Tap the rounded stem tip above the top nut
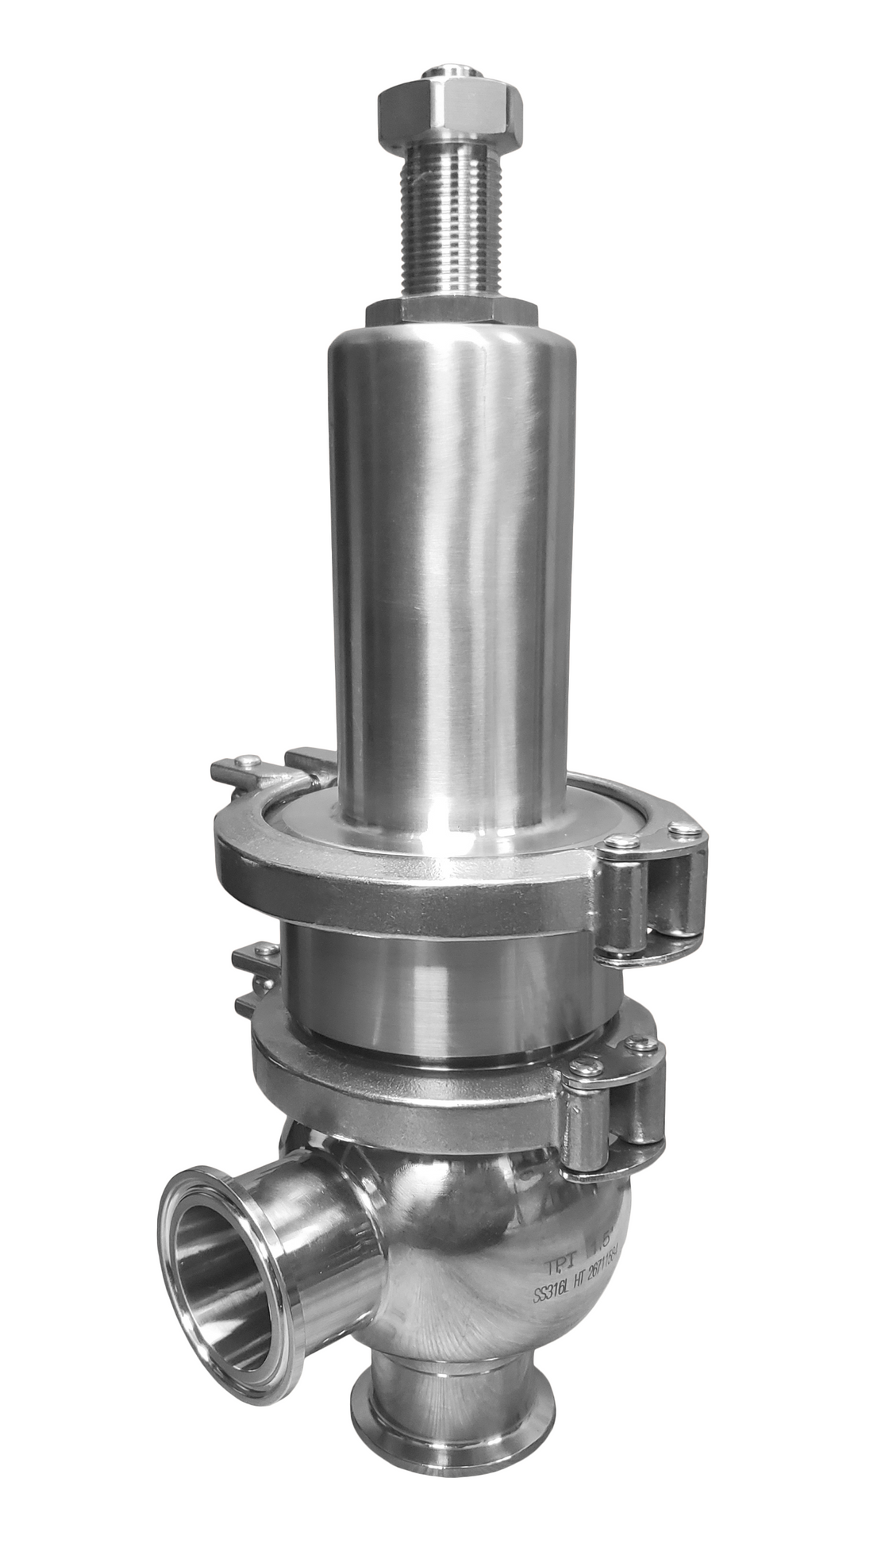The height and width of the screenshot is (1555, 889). click(x=451, y=73)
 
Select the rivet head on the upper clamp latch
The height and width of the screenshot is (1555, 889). click(x=248, y=760)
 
